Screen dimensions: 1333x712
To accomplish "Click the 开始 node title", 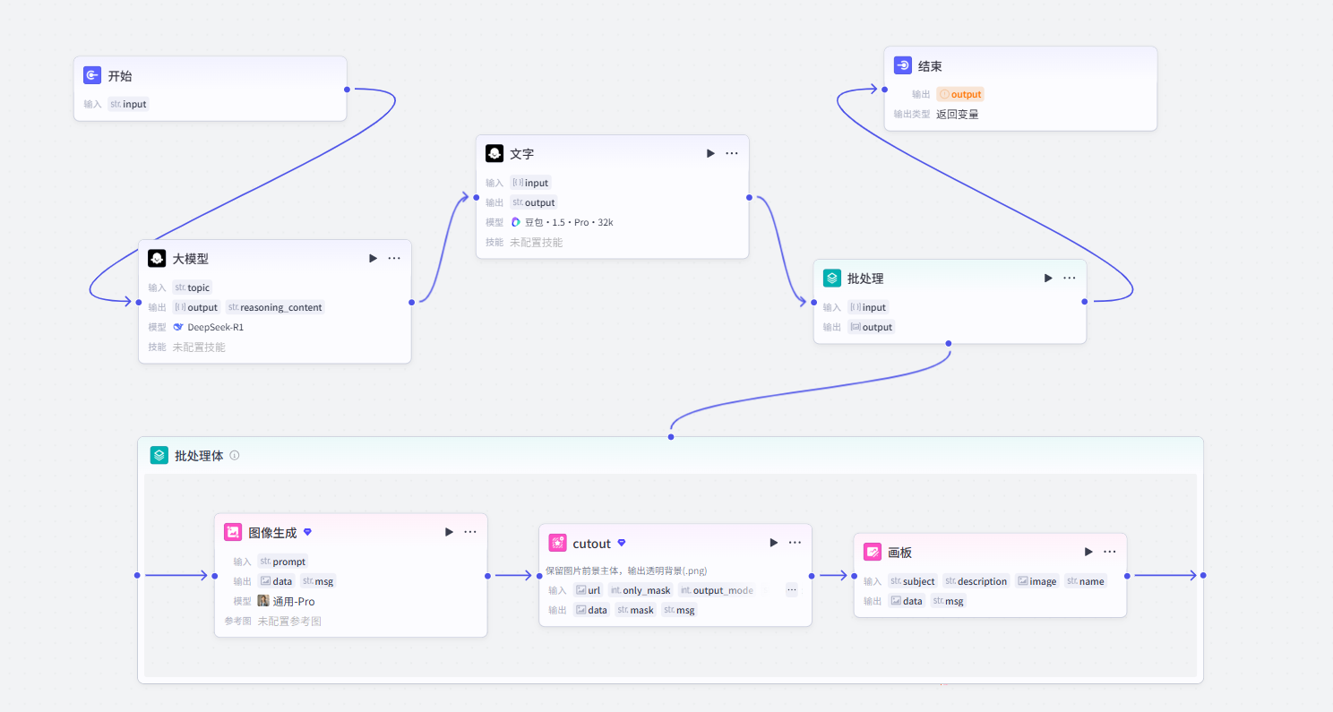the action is (120, 76).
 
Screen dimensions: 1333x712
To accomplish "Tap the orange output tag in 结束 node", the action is (959, 94).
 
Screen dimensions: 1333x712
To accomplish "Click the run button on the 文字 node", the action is (710, 153).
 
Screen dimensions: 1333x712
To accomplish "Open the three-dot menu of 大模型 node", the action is (394, 258).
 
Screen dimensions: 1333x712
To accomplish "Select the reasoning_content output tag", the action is (275, 307).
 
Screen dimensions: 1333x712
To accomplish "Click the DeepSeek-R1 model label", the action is (215, 327).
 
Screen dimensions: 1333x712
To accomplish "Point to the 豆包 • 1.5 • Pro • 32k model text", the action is (568, 222).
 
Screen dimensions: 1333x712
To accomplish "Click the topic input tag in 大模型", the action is (192, 287).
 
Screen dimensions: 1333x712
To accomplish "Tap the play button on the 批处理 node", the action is (1048, 278).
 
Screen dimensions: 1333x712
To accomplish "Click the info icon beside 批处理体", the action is (235, 456).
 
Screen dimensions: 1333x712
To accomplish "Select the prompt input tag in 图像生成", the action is (283, 562).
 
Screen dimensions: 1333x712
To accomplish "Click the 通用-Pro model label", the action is (293, 601).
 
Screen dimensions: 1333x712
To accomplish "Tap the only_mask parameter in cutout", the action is (641, 590).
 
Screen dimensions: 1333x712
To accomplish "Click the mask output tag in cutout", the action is (635, 610).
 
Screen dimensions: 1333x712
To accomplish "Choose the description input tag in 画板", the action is (976, 581).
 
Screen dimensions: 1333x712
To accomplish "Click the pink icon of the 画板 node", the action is (873, 552).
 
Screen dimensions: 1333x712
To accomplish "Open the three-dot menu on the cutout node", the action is (795, 543).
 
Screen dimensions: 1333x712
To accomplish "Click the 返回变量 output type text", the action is (957, 115).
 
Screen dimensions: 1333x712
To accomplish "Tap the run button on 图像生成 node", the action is (449, 532).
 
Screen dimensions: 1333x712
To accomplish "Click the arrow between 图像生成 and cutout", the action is (513, 575).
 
